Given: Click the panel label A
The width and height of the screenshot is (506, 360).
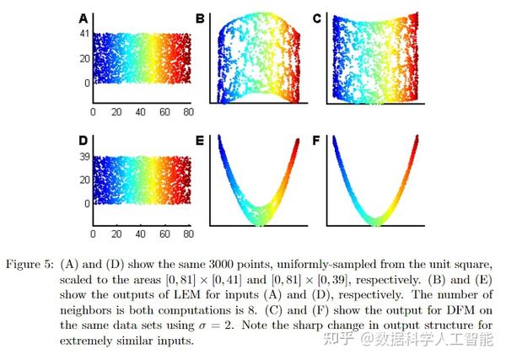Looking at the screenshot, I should (83, 18).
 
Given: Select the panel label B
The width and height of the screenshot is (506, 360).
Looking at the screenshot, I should (201, 18).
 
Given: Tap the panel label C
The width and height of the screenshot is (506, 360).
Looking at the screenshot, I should (316, 18).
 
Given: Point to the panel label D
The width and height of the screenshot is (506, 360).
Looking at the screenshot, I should (83, 138).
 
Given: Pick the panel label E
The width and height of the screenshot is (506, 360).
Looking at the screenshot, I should (201, 138).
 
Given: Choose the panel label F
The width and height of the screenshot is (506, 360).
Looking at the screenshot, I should (316, 138).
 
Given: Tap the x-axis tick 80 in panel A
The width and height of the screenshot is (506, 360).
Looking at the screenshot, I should (188, 112).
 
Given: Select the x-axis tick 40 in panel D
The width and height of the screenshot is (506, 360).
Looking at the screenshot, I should (141, 232).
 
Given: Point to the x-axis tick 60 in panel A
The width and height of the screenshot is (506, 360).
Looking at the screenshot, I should (164, 112).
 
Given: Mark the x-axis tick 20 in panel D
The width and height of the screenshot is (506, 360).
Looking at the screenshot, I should (117, 232).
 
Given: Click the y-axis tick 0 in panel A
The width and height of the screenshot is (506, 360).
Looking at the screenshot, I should (85, 83).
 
